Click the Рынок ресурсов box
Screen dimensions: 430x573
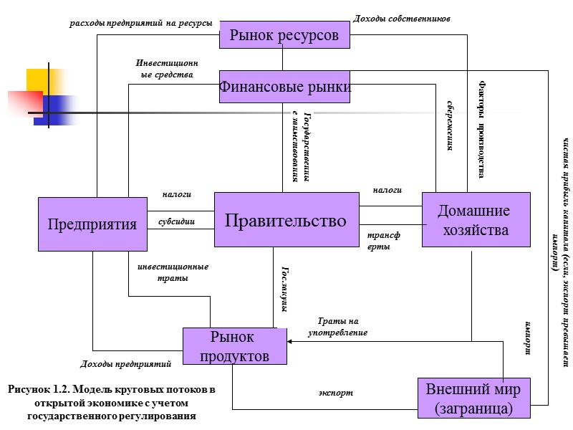point(284,35)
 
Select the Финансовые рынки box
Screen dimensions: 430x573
point(284,87)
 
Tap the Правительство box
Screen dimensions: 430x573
point(286,221)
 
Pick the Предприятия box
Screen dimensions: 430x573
point(92,224)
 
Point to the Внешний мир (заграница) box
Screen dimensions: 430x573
point(473,398)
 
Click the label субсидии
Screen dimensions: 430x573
point(176,221)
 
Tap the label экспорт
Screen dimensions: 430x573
point(336,393)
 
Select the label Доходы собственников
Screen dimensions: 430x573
point(402,18)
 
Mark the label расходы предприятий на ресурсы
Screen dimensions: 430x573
point(140,23)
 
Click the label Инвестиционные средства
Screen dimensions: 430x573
point(164,68)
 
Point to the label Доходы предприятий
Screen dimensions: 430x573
point(125,364)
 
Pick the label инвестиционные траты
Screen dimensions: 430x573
point(172,272)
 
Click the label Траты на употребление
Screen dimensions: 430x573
point(337,327)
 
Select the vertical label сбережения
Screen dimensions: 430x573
point(451,126)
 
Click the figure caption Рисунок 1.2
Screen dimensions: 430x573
point(111,403)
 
